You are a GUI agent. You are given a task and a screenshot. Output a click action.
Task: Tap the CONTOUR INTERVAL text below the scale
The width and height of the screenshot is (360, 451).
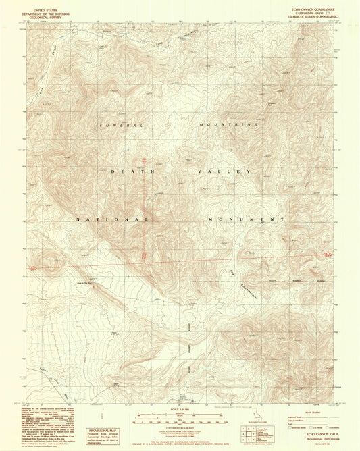(x=180, y=427)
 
